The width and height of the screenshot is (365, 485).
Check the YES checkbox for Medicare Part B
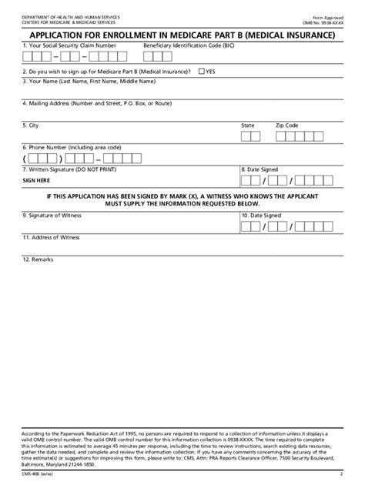point(201,71)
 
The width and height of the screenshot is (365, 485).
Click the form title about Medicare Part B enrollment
point(182,35)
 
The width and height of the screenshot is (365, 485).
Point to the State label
point(248,125)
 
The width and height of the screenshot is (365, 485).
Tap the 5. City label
point(30,125)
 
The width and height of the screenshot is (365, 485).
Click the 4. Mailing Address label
point(86,102)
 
